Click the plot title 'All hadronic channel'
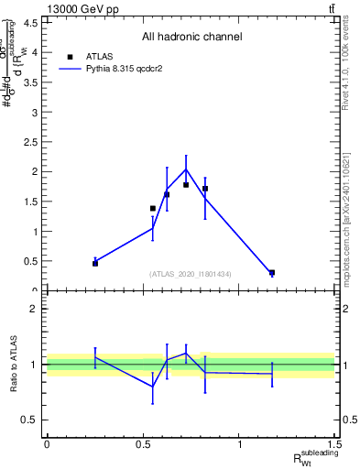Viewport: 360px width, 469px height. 191,38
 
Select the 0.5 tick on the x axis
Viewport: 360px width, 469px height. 143,444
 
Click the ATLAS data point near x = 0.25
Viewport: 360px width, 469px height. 95,263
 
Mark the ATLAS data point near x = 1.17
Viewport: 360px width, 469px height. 272,272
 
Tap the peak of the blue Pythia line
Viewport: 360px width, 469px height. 186,169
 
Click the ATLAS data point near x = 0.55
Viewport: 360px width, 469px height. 153,209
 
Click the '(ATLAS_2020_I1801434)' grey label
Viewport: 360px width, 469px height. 191,274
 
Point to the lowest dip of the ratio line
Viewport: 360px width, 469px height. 153,387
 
